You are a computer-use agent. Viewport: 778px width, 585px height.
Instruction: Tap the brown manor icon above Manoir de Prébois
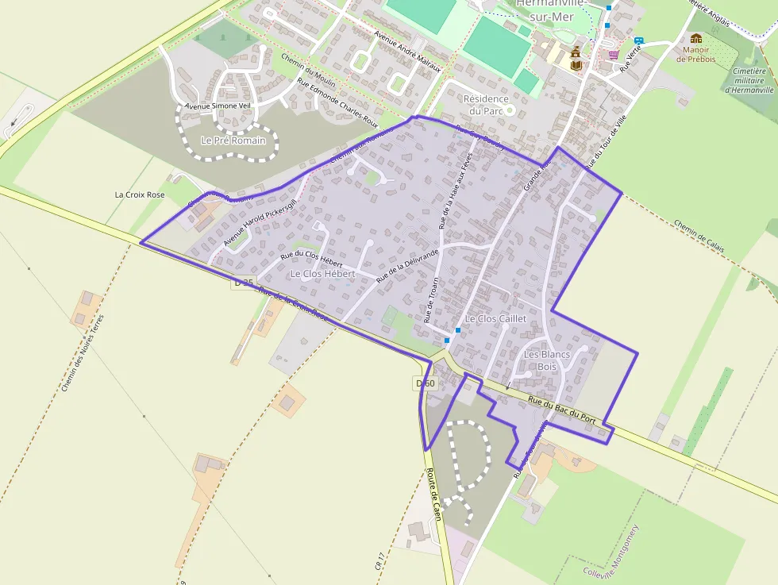(696, 38)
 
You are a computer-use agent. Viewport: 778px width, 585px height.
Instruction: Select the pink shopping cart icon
(614, 55)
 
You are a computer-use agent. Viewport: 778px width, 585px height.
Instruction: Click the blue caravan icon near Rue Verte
(638, 40)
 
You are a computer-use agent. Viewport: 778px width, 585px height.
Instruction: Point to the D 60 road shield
(426, 383)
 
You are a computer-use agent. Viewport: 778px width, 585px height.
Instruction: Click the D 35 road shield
(244, 283)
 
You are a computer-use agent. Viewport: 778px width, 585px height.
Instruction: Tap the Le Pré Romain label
(233, 140)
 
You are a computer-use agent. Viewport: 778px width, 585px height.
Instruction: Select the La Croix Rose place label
(140, 194)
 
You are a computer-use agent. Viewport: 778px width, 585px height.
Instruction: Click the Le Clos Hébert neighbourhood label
(322, 274)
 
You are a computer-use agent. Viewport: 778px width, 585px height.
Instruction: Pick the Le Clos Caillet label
(496, 318)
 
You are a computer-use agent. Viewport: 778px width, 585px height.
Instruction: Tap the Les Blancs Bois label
(547, 360)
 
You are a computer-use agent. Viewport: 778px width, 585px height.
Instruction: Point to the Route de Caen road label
(434, 495)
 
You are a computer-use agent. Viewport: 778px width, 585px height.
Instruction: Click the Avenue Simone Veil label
(217, 106)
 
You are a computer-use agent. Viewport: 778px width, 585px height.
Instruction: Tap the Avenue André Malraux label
(406, 51)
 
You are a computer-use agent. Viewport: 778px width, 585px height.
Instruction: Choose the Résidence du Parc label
(485, 104)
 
